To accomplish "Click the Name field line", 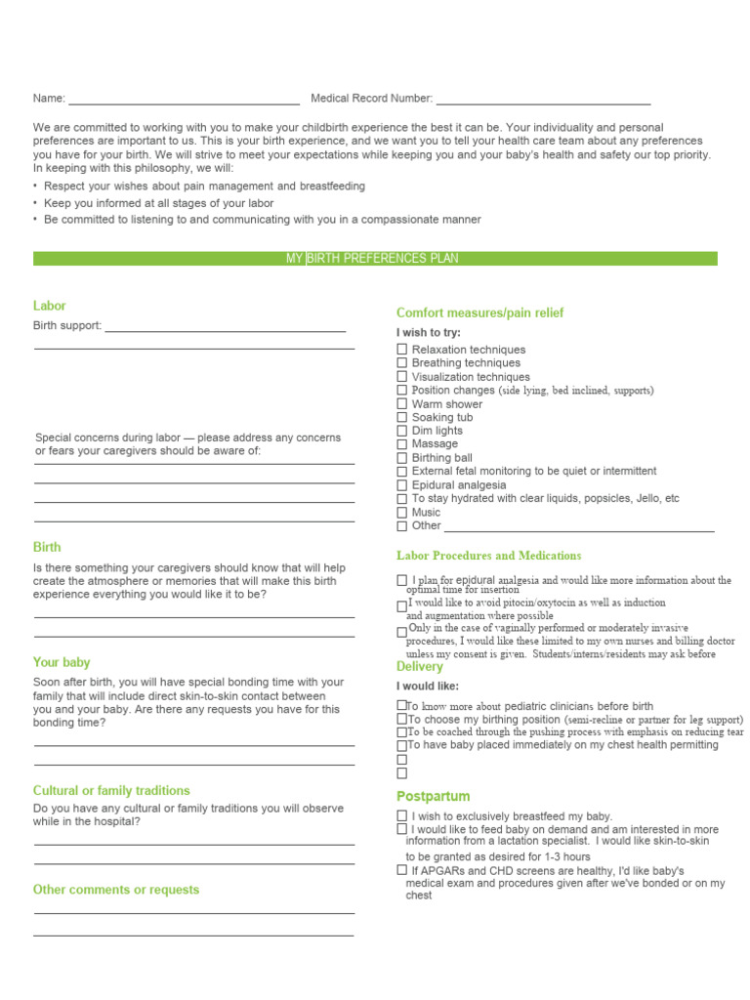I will tap(184, 102).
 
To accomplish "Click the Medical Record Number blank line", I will tap(543, 102).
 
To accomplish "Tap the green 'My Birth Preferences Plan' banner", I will tap(375, 259).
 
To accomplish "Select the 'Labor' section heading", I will tap(50, 306).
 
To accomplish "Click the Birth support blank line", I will tap(225, 330).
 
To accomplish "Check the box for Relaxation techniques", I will tap(402, 350).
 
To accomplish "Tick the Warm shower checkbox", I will tap(402, 403).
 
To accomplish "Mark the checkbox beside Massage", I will tap(402, 444).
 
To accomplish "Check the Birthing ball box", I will tap(402, 458).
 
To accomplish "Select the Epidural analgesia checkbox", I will tap(402, 485).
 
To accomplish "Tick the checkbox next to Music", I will tap(402, 512).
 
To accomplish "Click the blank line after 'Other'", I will tap(579, 529).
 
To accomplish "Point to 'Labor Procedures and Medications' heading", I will tap(488, 556).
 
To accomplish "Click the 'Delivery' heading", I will tap(420, 666).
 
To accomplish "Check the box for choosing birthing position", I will tap(401, 720).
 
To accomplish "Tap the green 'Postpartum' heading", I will tap(433, 796).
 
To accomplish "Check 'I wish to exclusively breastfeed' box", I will tap(402, 815).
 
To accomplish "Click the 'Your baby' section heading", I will tap(62, 662).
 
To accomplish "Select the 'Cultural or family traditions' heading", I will tap(111, 790).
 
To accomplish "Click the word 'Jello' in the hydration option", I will tap(643, 498).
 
